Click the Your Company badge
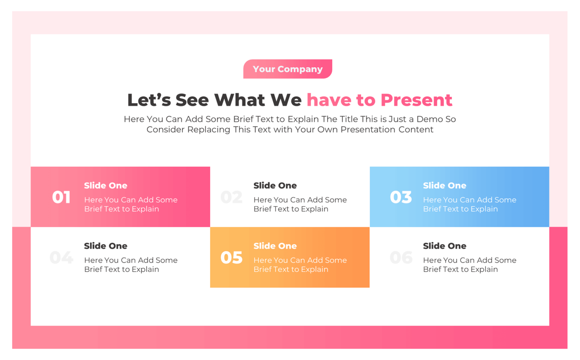[288, 69]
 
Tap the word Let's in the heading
[149, 100]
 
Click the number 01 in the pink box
[61, 197]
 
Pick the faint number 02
[231, 197]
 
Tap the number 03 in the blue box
[401, 197]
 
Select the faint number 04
[61, 258]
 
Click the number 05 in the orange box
[231, 258]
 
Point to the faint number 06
[401, 258]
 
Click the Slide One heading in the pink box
[105, 186]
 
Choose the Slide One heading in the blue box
[444, 186]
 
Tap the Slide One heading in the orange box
[275, 246]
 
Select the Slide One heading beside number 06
[444, 246]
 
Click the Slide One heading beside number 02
[275, 186]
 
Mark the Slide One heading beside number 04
[105, 246]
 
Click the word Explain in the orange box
[315, 269]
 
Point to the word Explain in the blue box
[484, 209]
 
